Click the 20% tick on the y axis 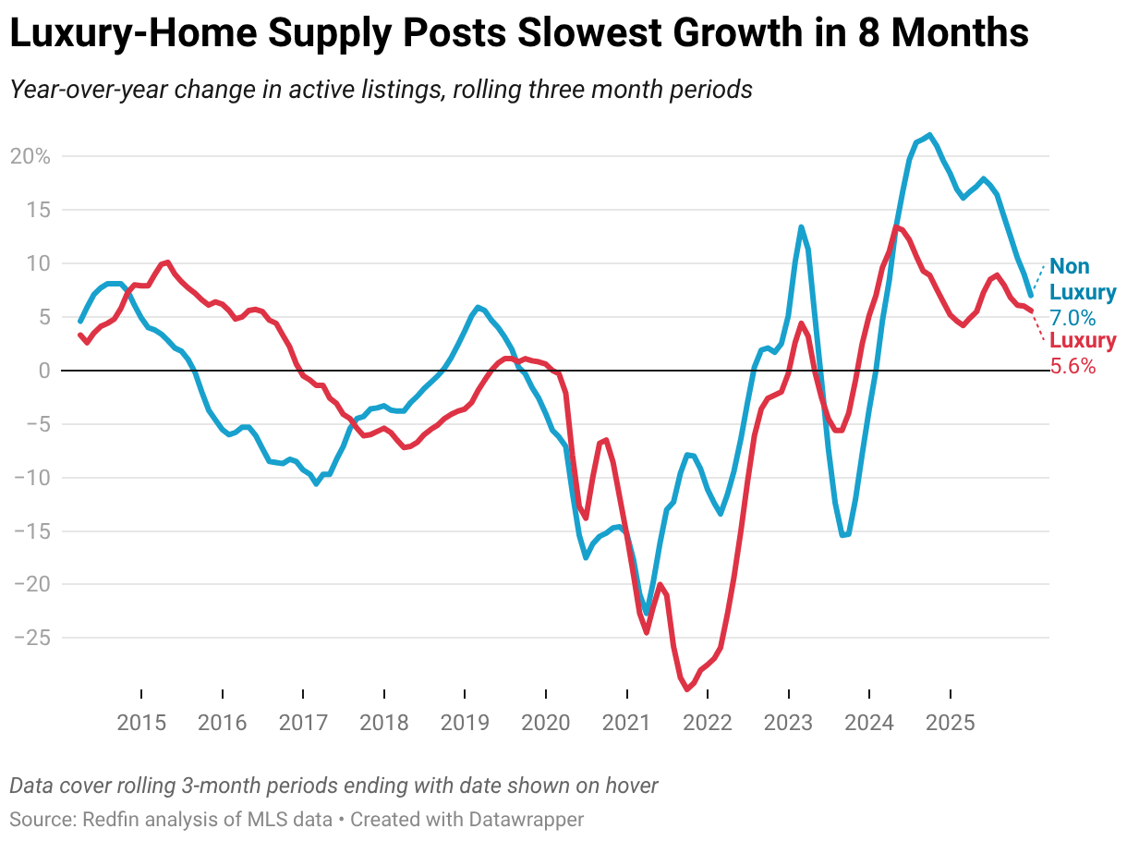click(30, 156)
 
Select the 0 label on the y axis click(42, 371)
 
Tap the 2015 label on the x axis click(141, 723)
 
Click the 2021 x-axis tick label click(627, 723)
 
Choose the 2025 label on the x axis click(951, 723)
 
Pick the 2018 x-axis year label click(384, 723)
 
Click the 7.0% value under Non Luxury click(1072, 318)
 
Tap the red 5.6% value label click(1072, 366)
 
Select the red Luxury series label click(1083, 341)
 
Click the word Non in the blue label click(1070, 267)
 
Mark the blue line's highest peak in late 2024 click(929, 135)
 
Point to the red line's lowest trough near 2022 click(686, 689)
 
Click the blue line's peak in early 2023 click(800, 226)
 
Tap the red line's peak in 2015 click(167, 262)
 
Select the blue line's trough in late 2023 click(842, 534)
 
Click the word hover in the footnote click(631, 786)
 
